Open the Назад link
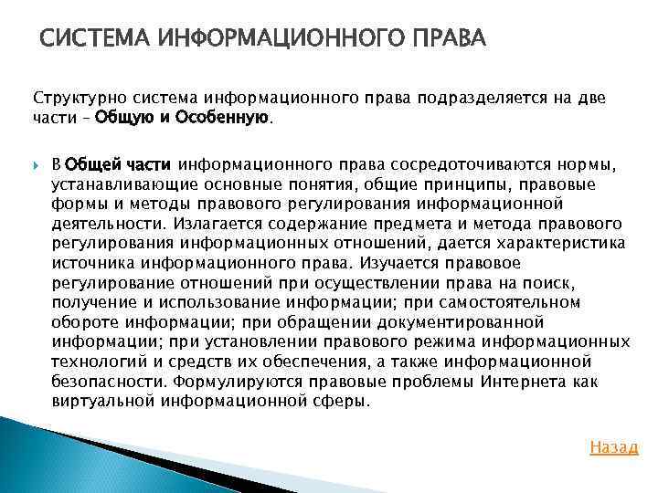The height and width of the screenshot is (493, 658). (x=614, y=447)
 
